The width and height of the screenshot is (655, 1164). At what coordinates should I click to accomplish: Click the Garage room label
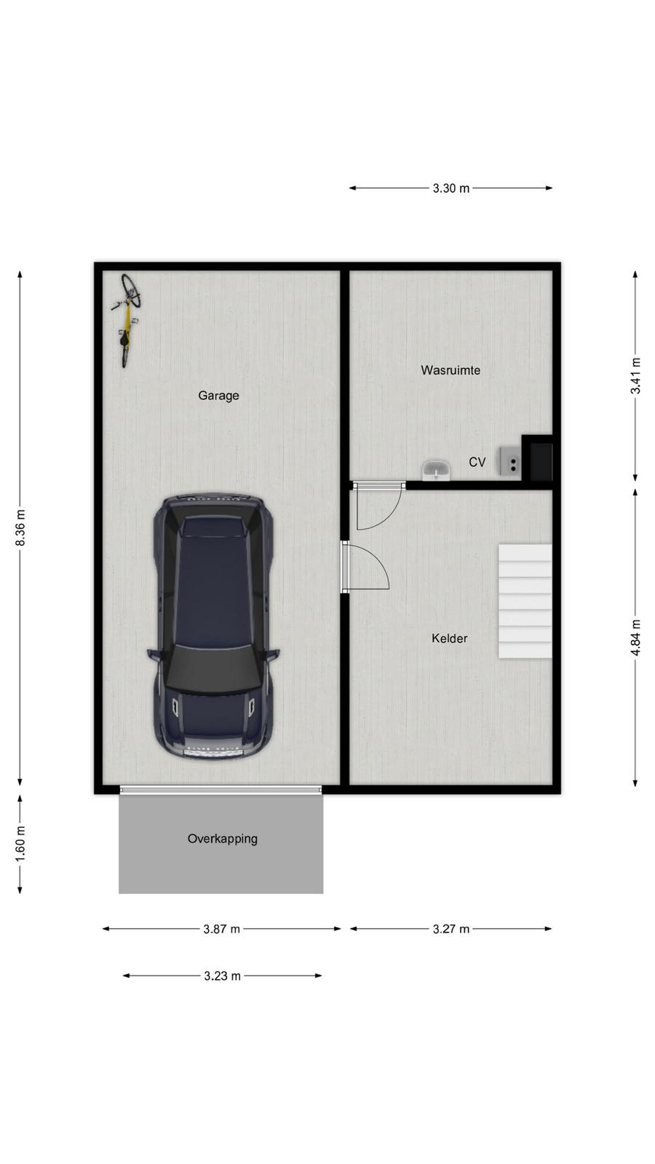tap(218, 396)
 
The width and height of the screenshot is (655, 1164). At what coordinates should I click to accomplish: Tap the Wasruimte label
tap(450, 370)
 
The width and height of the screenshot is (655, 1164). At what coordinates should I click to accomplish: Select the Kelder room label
tap(449, 638)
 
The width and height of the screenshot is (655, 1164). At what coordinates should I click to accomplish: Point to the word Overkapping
tap(223, 840)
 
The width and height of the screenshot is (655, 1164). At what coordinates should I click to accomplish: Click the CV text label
tap(477, 462)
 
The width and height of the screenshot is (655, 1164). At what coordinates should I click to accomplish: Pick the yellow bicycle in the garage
tap(127, 320)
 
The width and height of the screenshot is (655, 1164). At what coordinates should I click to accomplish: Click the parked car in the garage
tap(213, 626)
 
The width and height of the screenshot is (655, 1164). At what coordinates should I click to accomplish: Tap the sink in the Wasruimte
tap(436, 470)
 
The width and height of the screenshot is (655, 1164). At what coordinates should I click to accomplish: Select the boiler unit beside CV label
tap(509, 461)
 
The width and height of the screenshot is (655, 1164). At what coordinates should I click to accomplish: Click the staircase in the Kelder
tap(525, 601)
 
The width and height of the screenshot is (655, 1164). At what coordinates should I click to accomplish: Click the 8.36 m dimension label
tap(20, 528)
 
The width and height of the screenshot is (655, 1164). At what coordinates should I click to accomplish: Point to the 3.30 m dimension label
tap(451, 188)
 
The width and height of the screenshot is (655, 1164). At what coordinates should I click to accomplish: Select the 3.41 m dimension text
tap(635, 375)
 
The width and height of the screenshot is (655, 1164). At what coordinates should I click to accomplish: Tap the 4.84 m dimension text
tap(635, 637)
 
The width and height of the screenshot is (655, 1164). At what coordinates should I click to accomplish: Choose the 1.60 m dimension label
tap(20, 843)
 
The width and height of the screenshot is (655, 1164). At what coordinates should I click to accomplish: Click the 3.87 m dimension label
tap(221, 929)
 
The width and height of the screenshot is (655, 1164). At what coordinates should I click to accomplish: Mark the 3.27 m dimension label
tap(451, 929)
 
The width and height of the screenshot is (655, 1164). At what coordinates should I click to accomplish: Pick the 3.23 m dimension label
tap(222, 976)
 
